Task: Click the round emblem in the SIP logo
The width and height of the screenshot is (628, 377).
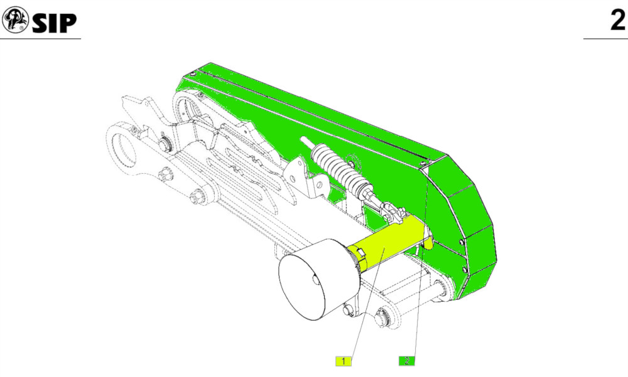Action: click(x=15, y=20)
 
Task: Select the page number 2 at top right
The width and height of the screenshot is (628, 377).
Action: click(x=617, y=20)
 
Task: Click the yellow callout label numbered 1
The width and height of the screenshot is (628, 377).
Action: click(x=344, y=361)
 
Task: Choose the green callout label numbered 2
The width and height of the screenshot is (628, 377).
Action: click(x=406, y=361)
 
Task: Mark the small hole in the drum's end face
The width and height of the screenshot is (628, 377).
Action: click(x=316, y=280)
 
